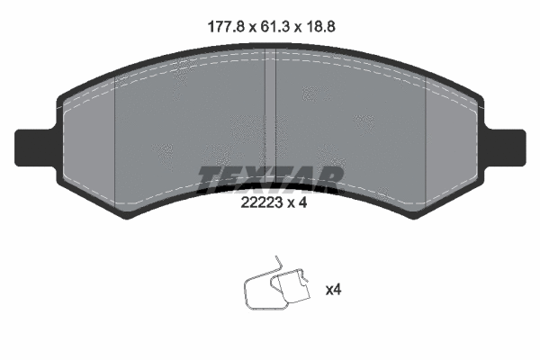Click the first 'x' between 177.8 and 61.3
pyautogui.click(x=241, y=28)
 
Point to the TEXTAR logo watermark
pyautogui.click(x=270, y=178)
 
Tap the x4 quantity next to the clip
pyautogui.click(x=333, y=290)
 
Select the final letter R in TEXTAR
pyautogui.click(x=330, y=178)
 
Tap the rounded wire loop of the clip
pyautogui.click(x=257, y=293)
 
